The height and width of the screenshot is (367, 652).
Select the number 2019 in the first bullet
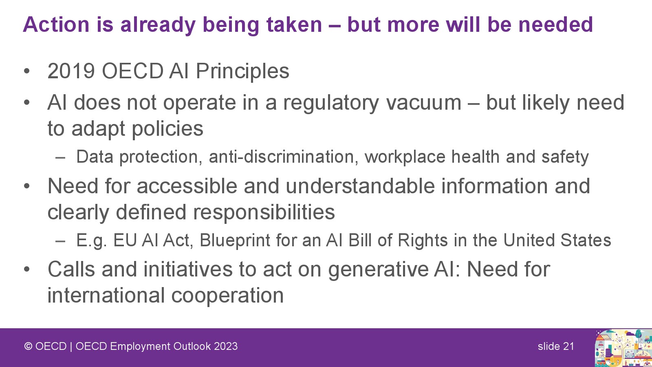71,71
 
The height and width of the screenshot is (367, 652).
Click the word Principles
242,71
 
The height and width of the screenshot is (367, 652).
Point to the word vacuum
424,103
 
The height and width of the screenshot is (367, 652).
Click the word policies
167,129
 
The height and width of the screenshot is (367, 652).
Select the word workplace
405,157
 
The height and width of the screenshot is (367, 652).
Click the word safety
565,157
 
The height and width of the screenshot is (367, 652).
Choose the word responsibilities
264,212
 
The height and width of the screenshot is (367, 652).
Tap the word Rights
423,241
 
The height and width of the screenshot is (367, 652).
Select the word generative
377,270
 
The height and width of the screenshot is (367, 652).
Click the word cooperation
227,296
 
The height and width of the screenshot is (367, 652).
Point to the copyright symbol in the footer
28,346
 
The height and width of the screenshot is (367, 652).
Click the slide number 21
568,346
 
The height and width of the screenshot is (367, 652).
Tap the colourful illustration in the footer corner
623,348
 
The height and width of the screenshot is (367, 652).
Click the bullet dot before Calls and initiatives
27,270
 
